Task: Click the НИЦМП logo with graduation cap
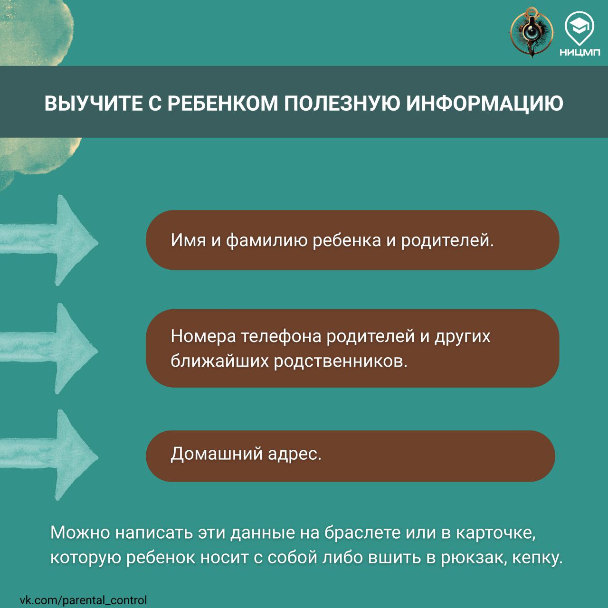(x=580, y=34)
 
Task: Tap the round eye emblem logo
(x=532, y=33)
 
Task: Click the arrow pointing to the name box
(x=49, y=240)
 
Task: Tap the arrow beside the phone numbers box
(x=49, y=349)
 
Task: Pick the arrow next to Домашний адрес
(x=49, y=455)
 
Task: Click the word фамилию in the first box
(x=266, y=240)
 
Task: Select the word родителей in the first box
(x=447, y=240)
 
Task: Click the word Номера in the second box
(x=203, y=336)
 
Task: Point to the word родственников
(x=341, y=361)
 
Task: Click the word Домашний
(x=217, y=455)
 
